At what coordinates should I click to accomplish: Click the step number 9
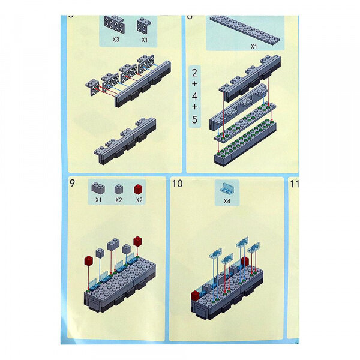[71, 184]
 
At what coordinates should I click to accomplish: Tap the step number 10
[177, 184]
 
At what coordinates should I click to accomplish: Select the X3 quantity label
[116, 40]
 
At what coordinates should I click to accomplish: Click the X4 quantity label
[227, 201]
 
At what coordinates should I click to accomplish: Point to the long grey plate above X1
[245, 29]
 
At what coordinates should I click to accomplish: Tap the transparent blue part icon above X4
[227, 188]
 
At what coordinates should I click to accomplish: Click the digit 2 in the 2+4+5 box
[194, 73]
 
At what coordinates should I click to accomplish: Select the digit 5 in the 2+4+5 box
[194, 119]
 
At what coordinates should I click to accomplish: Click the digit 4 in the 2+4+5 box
[194, 96]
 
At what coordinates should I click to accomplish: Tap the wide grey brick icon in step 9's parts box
[98, 188]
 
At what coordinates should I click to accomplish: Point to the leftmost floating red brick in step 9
[88, 260]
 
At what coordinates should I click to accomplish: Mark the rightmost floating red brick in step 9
[137, 241]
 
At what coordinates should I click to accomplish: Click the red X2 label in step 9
[139, 200]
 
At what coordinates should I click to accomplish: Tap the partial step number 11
[294, 184]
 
